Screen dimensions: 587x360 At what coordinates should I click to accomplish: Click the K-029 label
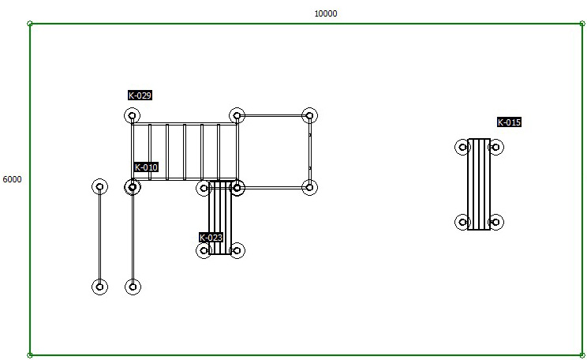click(x=140, y=96)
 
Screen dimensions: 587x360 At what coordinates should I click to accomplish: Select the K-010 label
click(x=146, y=167)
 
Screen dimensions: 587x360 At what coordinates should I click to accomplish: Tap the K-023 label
click(x=211, y=238)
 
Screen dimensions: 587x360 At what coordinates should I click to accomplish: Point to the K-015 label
click(x=509, y=122)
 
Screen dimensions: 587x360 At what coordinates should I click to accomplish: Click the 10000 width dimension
click(x=326, y=14)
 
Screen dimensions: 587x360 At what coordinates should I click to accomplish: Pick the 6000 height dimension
click(x=12, y=179)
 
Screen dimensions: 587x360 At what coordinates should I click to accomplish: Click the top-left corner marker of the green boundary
click(x=30, y=24)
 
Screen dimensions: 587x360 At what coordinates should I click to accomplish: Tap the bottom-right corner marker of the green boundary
click(x=582, y=355)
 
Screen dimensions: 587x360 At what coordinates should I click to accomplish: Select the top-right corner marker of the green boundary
click(x=582, y=24)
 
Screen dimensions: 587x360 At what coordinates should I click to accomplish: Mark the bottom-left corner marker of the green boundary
click(x=30, y=355)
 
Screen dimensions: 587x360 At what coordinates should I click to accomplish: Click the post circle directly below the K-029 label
click(x=132, y=116)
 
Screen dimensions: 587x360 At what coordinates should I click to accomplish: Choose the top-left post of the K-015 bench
click(x=462, y=147)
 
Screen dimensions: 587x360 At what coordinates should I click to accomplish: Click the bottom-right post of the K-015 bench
click(x=495, y=222)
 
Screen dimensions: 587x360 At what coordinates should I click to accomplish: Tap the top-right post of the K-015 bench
click(x=495, y=147)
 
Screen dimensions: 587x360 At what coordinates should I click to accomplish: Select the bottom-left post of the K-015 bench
click(x=462, y=222)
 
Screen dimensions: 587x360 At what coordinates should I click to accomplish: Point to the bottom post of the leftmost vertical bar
click(x=99, y=287)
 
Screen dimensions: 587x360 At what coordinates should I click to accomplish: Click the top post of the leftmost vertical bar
click(x=99, y=186)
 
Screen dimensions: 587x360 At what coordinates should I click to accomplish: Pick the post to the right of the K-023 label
click(x=237, y=250)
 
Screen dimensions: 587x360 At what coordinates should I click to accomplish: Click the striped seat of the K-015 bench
click(x=479, y=184)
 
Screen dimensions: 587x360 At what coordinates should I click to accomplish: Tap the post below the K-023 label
click(x=204, y=250)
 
